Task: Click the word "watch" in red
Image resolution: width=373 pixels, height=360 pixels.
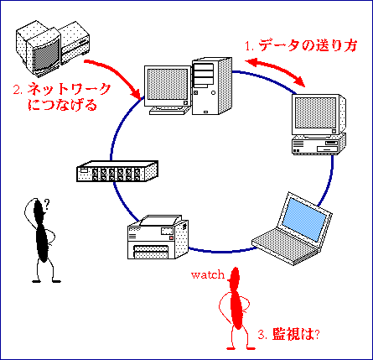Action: coord(208,274)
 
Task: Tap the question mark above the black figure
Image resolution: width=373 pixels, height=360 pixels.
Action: coord(47,205)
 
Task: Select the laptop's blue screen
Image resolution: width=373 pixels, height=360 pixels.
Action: coord(304,219)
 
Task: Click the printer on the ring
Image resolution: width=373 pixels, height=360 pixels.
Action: coord(158,237)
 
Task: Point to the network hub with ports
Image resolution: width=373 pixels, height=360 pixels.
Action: coord(117,171)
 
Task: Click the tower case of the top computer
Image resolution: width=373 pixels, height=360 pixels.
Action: coord(211,86)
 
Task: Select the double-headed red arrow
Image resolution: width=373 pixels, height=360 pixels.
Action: coord(275,70)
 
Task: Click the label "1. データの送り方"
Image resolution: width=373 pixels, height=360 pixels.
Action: coord(301,45)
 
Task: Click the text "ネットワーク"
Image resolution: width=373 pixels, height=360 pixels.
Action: coord(69,89)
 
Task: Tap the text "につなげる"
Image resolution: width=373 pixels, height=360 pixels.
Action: coord(62,105)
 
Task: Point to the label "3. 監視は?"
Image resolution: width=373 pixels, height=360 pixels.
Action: coord(289,334)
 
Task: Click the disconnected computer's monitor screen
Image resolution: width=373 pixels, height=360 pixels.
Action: coord(46,55)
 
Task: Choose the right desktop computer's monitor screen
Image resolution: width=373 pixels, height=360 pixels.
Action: coord(315,112)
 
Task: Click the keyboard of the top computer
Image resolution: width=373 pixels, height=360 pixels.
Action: coord(168,111)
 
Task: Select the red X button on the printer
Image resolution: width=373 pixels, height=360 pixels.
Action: coord(171,237)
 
